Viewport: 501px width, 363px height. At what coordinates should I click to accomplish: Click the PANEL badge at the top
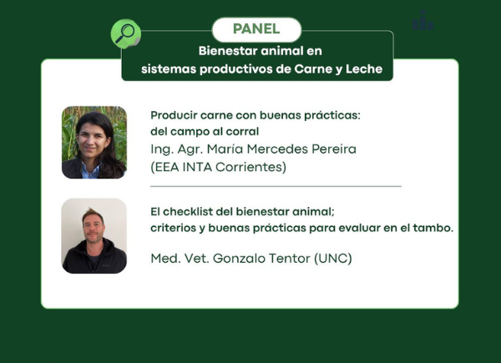coord(256,29)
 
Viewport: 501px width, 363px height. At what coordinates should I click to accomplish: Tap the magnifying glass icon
coord(125,33)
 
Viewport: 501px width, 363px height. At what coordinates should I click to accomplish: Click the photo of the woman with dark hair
coord(94,142)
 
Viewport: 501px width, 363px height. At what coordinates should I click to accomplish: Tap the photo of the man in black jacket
coord(94,236)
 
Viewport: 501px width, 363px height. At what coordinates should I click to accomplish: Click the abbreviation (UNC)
coord(333,259)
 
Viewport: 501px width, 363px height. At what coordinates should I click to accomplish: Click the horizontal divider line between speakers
coord(276,186)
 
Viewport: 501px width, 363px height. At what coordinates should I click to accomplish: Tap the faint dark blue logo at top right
coord(423,21)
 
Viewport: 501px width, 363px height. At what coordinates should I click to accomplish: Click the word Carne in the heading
coord(313,69)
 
